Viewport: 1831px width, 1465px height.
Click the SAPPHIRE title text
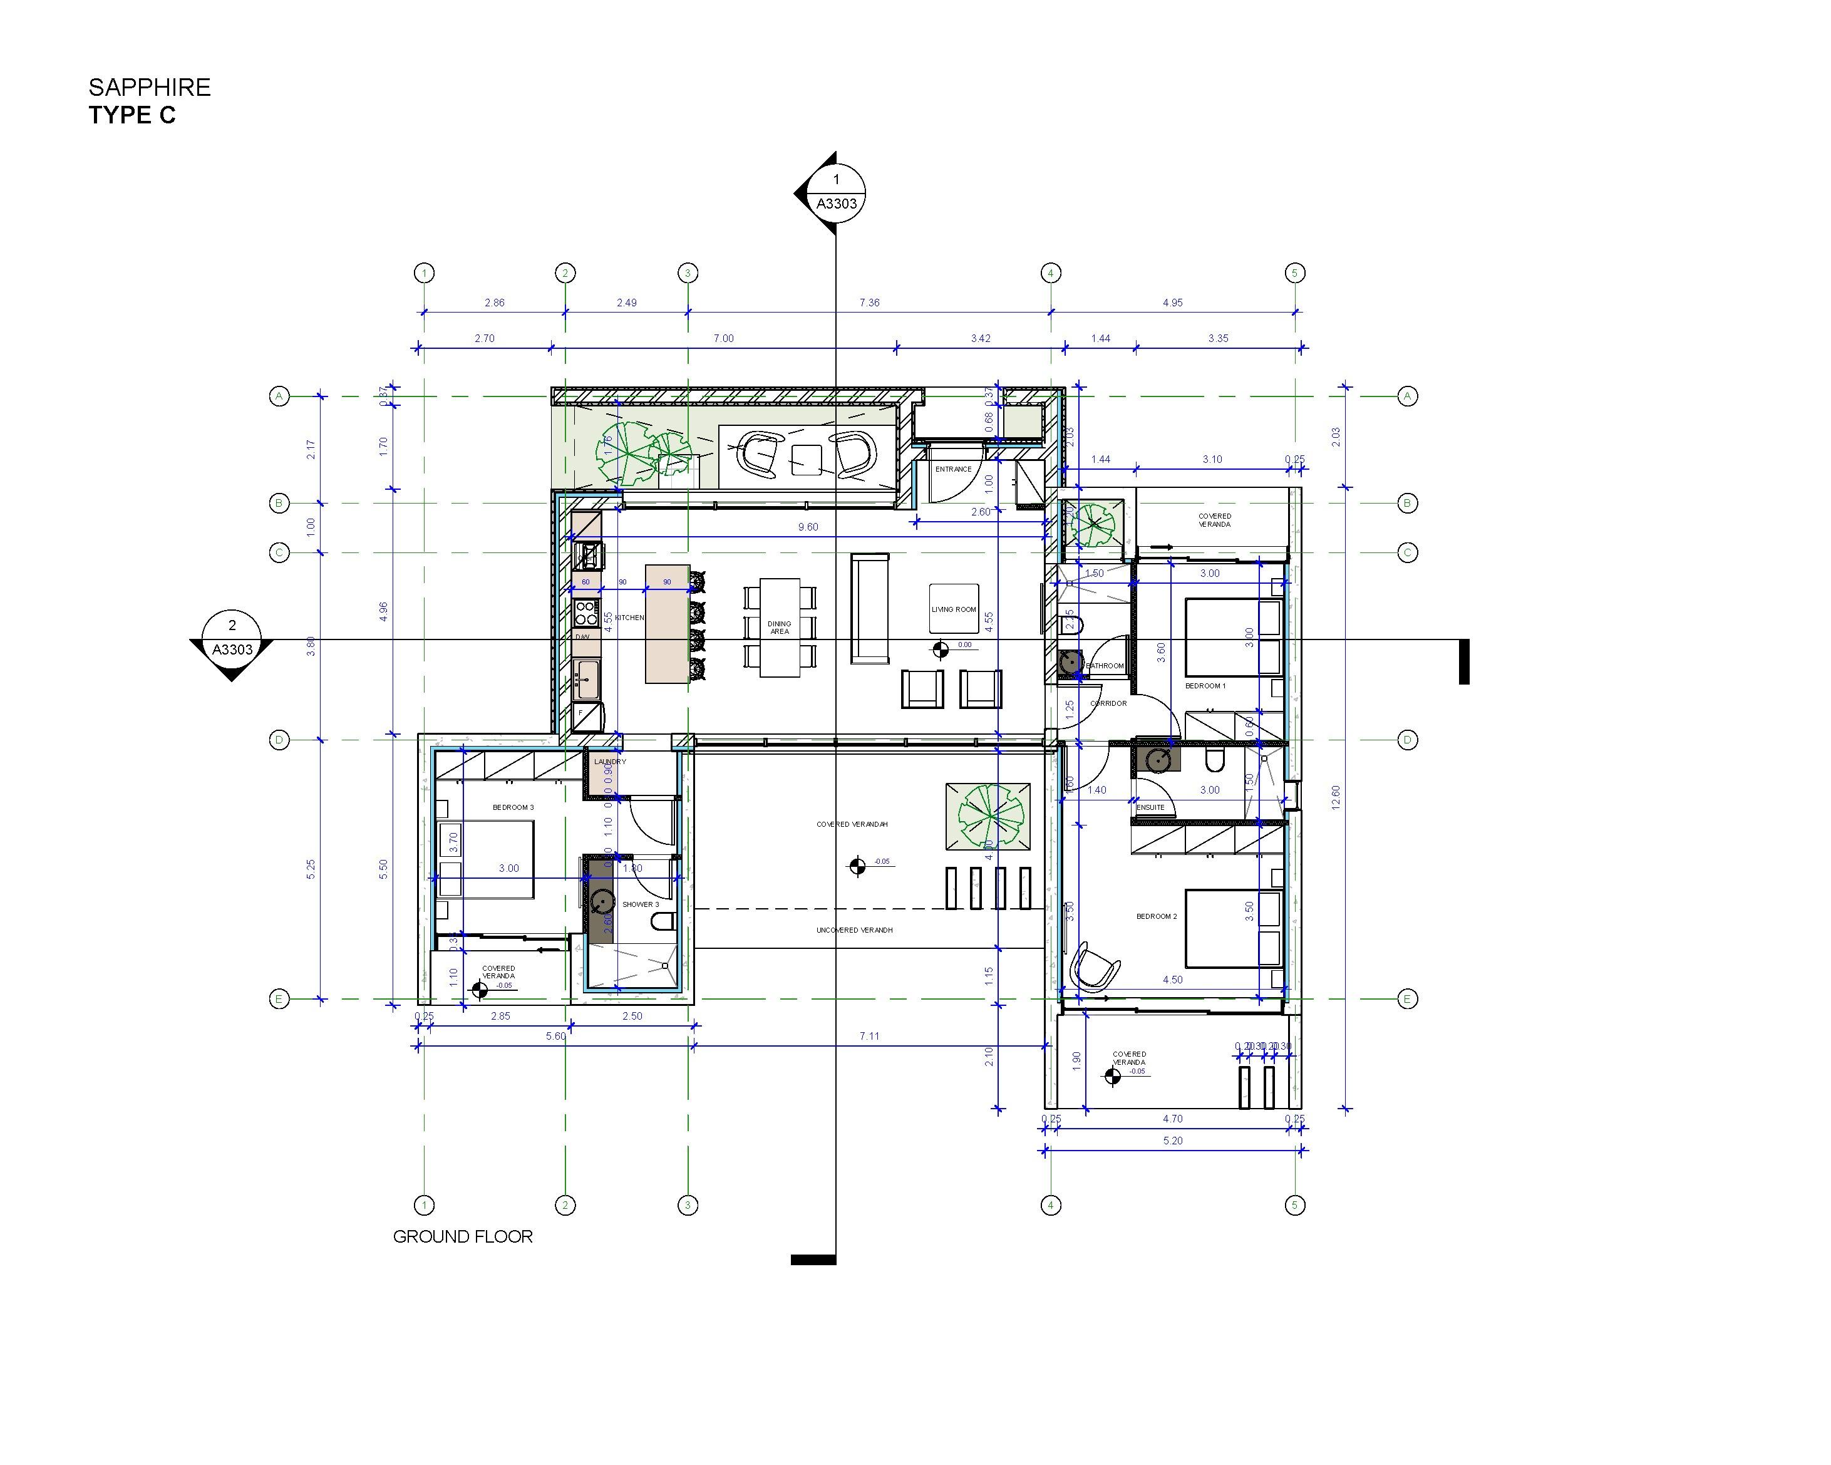point(150,88)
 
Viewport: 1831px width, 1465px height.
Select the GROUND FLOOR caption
point(463,1236)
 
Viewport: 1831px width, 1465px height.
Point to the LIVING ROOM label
point(954,609)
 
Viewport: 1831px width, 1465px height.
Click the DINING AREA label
point(779,628)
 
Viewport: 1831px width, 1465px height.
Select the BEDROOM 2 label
point(1157,916)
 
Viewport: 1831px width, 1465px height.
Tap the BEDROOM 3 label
point(513,807)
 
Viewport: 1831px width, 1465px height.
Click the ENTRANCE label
point(953,468)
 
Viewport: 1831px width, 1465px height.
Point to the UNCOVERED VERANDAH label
point(854,930)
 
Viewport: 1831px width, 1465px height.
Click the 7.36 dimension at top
point(869,303)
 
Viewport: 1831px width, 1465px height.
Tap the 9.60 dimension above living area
point(808,527)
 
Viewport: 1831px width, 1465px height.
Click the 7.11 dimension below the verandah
point(869,1035)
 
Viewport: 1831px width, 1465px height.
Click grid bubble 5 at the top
point(1294,272)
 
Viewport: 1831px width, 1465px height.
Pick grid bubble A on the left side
point(279,396)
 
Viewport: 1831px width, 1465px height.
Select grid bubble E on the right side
point(1406,999)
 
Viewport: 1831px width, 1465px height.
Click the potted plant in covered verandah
point(989,815)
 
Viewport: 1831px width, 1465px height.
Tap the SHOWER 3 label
point(641,904)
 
